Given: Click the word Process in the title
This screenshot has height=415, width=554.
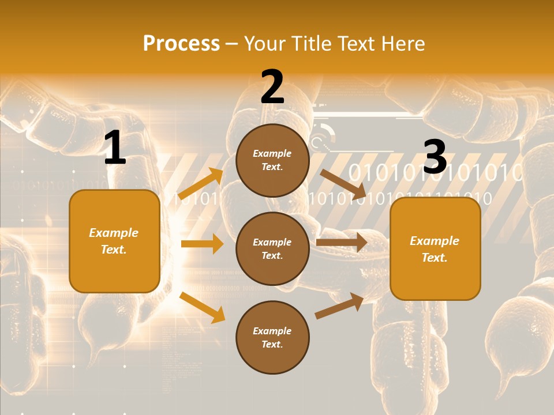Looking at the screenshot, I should click(x=181, y=44).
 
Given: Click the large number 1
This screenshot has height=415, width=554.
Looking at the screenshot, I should click(x=115, y=149).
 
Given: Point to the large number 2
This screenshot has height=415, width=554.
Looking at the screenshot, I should click(x=272, y=88).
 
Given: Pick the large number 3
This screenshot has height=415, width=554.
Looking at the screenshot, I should click(x=435, y=157).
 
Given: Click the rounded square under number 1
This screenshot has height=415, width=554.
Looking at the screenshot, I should click(x=114, y=241).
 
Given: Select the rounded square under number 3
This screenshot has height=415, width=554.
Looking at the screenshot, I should click(x=435, y=249).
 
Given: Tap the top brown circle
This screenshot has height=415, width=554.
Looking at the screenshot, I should click(x=272, y=160).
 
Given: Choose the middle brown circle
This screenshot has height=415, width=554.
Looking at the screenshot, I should click(x=272, y=248).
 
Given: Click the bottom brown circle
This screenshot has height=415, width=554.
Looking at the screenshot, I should click(x=272, y=337).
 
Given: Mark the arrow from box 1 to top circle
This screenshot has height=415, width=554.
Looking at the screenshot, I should click(x=201, y=184).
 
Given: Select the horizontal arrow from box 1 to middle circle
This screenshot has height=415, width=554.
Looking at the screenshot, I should click(x=202, y=244).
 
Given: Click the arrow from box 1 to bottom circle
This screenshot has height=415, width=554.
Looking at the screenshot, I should click(x=202, y=307).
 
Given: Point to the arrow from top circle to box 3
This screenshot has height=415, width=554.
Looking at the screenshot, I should click(x=343, y=184).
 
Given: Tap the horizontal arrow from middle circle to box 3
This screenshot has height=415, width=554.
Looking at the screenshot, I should click(x=342, y=242).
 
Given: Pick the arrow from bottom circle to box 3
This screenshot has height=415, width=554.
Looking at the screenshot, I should click(x=339, y=306).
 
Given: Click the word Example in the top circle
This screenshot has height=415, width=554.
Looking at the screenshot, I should click(x=272, y=154).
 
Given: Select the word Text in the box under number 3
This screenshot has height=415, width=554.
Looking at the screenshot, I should click(x=435, y=258).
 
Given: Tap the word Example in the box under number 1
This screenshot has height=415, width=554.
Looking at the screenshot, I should click(x=114, y=233).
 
